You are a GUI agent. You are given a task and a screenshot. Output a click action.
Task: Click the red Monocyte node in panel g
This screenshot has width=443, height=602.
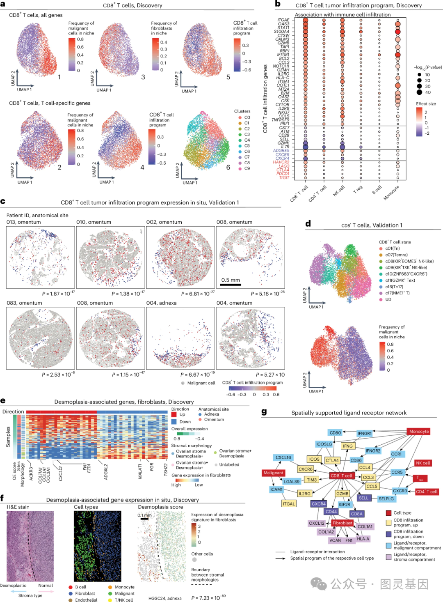tap(419, 432)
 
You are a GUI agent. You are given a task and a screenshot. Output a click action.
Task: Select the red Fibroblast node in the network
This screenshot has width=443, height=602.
tap(342, 523)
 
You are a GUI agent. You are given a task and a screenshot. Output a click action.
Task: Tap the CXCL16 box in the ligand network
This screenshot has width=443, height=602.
tap(283, 457)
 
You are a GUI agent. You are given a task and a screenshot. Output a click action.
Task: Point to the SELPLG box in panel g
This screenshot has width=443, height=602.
tap(386, 499)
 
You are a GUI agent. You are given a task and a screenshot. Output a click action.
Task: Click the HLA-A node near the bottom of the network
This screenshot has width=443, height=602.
tap(363, 539)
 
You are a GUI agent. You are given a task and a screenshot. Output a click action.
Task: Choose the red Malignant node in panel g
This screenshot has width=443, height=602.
tap(273, 473)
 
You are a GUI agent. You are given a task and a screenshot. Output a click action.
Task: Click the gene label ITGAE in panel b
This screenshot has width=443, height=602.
tap(283, 20)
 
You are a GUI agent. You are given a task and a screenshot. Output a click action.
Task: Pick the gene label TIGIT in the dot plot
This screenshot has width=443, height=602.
tap(284, 178)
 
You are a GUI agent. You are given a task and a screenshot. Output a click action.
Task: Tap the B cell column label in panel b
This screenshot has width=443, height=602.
tap(377, 190)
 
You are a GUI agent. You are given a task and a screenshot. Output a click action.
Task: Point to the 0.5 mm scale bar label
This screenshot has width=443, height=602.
tap(231, 280)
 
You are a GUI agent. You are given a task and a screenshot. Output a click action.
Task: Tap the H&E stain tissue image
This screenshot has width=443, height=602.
tap(30, 546)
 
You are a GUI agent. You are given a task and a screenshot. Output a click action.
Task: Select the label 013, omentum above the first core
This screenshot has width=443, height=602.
tap(23, 222)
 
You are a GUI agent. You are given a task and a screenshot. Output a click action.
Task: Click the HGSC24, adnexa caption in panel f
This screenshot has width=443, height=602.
tap(165, 598)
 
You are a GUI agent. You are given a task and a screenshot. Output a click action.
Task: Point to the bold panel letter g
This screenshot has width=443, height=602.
tap(264, 412)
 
